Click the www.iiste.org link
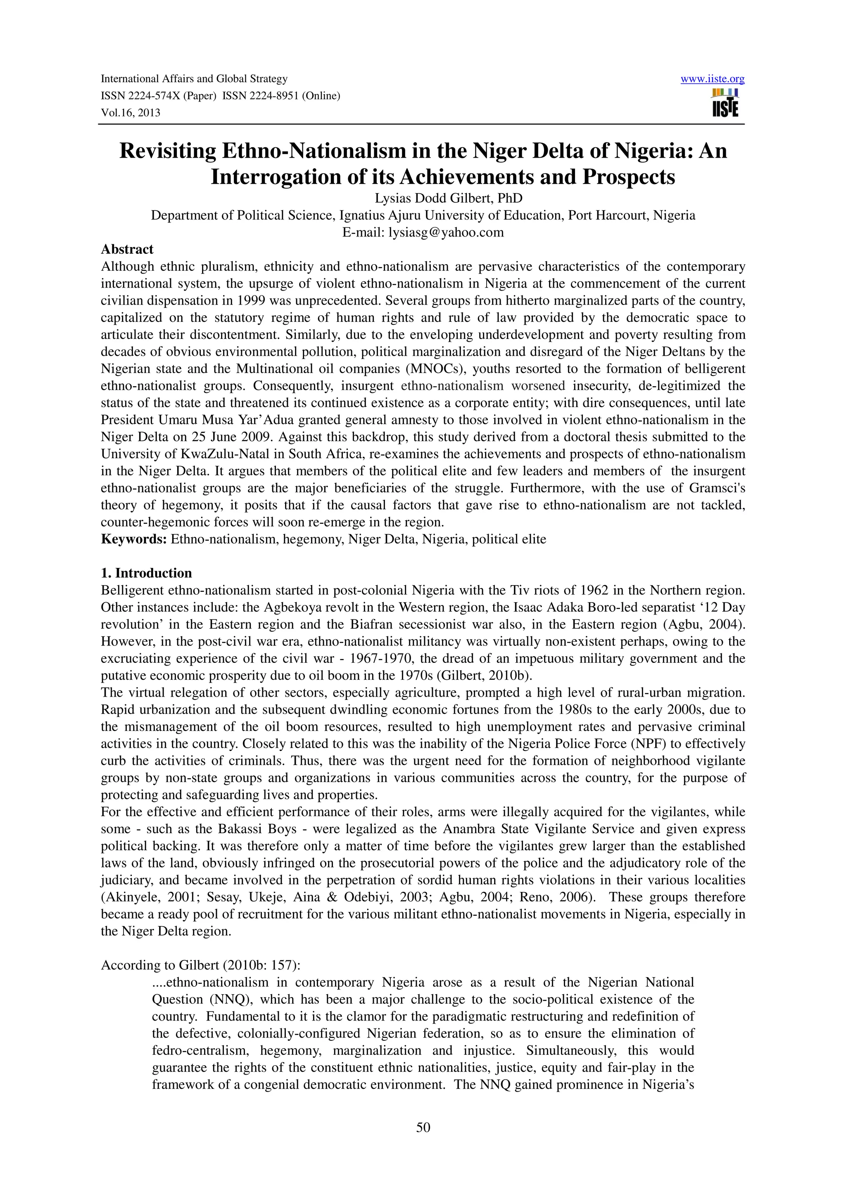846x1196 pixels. tap(712, 79)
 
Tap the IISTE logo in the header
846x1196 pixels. tap(725, 103)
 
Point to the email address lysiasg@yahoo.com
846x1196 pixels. tap(446, 232)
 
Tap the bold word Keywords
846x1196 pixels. tap(133, 539)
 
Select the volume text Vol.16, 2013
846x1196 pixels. tap(130, 113)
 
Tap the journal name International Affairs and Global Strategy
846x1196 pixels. tap(194, 79)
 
